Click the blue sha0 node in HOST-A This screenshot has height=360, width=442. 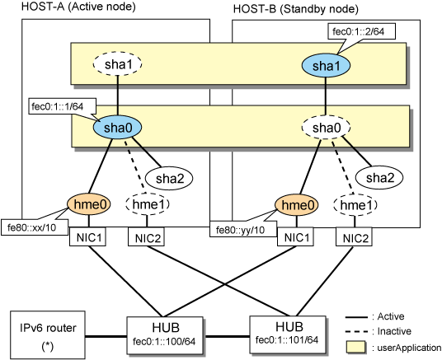click(x=117, y=128)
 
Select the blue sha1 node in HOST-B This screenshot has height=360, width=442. click(x=326, y=66)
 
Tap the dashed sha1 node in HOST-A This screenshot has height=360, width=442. click(x=117, y=64)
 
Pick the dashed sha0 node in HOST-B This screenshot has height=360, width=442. click(x=326, y=128)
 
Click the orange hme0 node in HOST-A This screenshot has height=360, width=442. click(x=89, y=204)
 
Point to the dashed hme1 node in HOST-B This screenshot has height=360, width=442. click(x=355, y=205)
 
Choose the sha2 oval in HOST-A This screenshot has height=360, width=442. click(x=169, y=178)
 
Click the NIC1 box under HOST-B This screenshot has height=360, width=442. click(x=295, y=237)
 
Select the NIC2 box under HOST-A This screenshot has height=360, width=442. click(x=146, y=237)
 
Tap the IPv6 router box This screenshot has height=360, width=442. click(x=48, y=334)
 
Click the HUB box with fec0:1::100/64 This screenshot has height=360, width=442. click(x=165, y=335)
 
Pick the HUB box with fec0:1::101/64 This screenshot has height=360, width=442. click(x=288, y=334)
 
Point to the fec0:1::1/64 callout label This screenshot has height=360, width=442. click(x=63, y=106)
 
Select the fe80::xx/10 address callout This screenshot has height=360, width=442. click(x=35, y=227)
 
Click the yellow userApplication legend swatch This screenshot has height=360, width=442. click(x=355, y=347)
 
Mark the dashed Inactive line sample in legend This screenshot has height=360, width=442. click(x=356, y=331)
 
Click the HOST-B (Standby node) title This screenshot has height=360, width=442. click(x=296, y=9)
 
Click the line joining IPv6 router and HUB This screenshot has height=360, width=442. click(x=106, y=336)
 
